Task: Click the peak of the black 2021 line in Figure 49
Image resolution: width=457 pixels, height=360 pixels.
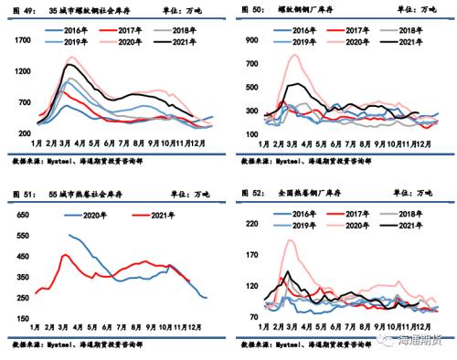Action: click(69, 65)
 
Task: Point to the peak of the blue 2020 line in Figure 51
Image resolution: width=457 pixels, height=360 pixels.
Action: click(69, 235)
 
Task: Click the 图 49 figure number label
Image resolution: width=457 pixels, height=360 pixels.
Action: click(22, 9)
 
